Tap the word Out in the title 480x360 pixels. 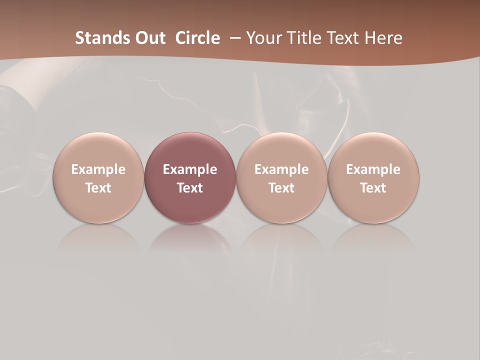[148, 38]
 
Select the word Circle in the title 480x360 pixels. [197, 38]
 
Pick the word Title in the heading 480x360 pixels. [301, 38]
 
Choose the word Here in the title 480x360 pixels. [384, 38]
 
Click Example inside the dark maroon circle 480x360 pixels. [190, 169]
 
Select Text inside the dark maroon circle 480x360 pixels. [190, 188]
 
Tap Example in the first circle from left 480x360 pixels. [98, 169]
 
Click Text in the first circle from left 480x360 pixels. [98, 188]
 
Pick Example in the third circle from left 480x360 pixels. [281, 169]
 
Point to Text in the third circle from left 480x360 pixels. [281, 188]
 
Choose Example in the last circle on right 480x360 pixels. [373, 169]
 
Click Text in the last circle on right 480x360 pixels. [373, 188]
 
